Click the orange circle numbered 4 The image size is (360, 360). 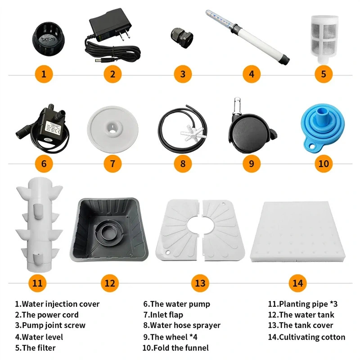(252, 74)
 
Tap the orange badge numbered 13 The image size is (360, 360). (200, 283)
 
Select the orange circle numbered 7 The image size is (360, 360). (112, 164)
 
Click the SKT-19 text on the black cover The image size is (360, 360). (48, 40)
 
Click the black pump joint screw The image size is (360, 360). (182, 37)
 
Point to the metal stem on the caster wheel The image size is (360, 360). (237, 106)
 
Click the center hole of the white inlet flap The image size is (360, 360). (112, 129)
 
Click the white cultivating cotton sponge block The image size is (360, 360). (297, 232)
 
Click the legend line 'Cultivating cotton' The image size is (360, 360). (306, 337)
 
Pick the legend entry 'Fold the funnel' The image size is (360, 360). (175, 348)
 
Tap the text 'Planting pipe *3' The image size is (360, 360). (302, 304)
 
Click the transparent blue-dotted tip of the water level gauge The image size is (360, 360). (219, 18)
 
